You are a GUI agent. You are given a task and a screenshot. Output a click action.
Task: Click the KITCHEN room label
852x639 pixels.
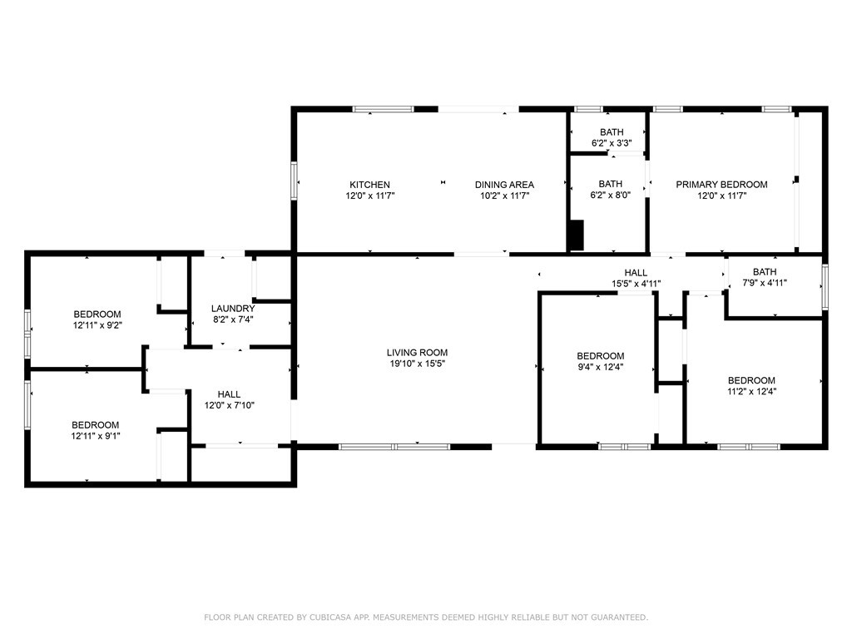click(x=369, y=185)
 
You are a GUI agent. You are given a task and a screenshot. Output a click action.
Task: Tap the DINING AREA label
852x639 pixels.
click(x=504, y=185)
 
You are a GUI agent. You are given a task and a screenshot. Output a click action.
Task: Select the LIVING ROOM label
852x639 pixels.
click(x=418, y=353)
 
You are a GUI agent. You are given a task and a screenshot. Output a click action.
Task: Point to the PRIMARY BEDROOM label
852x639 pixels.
click(x=721, y=185)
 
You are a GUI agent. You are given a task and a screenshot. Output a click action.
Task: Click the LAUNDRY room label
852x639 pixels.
click(x=233, y=309)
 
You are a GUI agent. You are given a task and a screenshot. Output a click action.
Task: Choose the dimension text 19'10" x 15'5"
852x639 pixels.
click(x=418, y=364)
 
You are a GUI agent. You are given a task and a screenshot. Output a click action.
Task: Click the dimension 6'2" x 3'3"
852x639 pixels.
click(x=612, y=143)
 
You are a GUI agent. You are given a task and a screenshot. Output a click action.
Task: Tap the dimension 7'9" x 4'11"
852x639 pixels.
click(x=765, y=283)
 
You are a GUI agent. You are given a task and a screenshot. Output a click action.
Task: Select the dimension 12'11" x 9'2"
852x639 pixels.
click(x=97, y=325)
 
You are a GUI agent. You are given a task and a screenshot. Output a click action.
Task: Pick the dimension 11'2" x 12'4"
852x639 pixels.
click(x=752, y=392)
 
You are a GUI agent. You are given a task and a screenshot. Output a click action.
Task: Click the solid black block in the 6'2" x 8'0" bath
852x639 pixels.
click(x=576, y=235)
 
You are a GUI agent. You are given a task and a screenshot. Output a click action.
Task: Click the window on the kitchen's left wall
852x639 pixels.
click(x=294, y=181)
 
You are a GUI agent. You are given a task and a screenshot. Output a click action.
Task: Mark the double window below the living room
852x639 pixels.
click(x=394, y=447)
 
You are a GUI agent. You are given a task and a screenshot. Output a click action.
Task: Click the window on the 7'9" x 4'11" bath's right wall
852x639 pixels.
click(x=825, y=287)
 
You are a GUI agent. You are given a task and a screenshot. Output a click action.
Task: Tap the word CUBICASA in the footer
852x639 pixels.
click(x=330, y=617)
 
